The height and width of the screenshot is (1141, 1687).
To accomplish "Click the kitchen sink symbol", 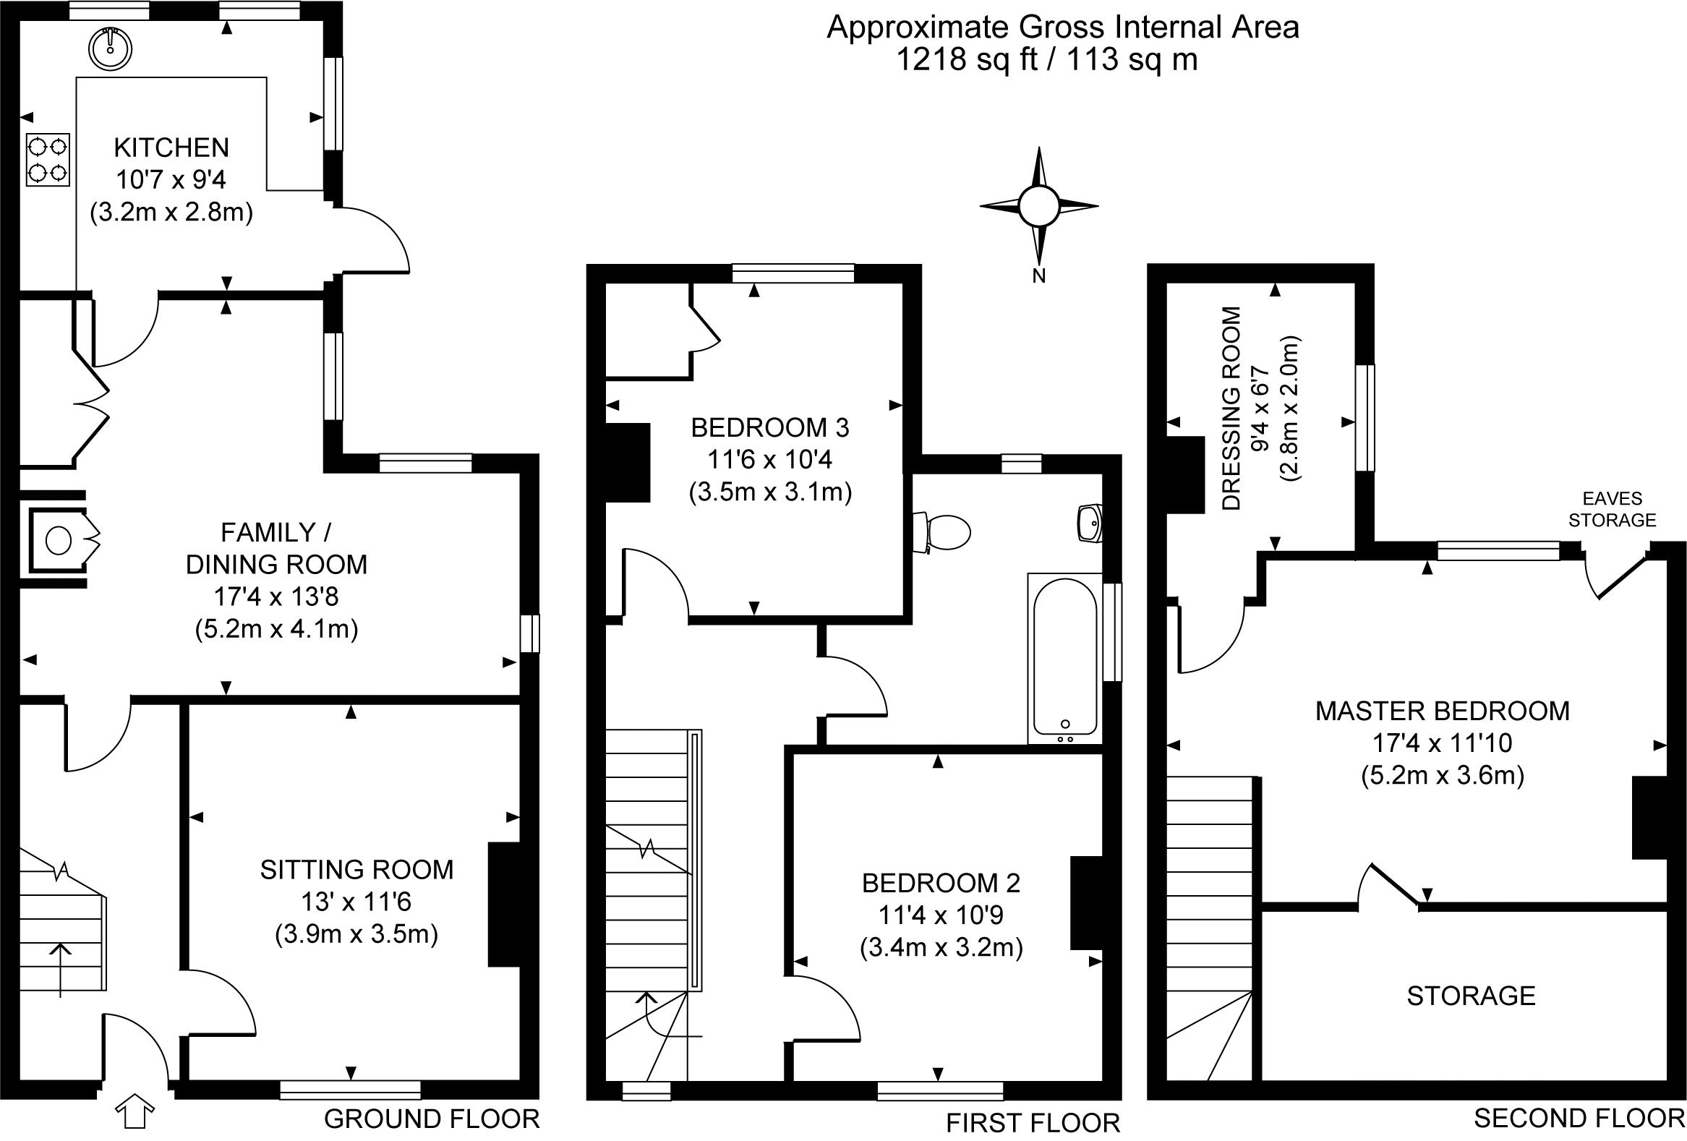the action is [111, 49].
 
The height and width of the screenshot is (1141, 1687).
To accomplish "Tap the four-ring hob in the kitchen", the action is [48, 160].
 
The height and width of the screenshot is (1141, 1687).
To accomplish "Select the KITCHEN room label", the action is [171, 148].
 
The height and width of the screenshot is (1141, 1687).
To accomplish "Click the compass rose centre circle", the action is [1039, 206].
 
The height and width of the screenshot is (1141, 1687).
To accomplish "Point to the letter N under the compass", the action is [1039, 276].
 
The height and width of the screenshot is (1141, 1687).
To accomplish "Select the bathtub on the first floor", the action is [1065, 657].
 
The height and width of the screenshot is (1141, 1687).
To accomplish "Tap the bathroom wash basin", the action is [1090, 523].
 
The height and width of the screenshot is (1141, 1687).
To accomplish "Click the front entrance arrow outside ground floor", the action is [135, 1111].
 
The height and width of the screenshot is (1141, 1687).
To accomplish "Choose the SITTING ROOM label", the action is [356, 870].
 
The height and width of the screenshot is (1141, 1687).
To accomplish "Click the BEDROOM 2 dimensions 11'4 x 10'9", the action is [941, 915].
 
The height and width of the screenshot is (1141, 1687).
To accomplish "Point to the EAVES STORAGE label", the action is [1612, 510].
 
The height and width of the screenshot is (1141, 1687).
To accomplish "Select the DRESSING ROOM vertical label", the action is [1232, 408].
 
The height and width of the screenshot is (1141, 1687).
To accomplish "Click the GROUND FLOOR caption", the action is [431, 1119].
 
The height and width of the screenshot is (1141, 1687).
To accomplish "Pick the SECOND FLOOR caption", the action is [1579, 1119].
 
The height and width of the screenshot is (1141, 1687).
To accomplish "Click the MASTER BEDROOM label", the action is [1443, 711].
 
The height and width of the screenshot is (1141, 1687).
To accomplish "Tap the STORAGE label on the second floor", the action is [1471, 996].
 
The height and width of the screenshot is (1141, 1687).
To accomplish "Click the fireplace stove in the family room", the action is [59, 539].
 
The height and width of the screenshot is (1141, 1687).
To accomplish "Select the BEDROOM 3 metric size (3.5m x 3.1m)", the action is [769, 493].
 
